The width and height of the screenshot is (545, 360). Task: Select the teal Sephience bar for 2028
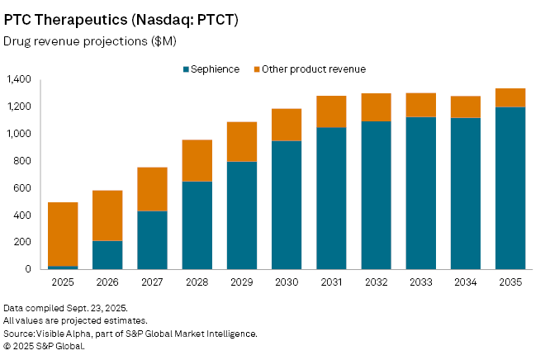click(x=197, y=225)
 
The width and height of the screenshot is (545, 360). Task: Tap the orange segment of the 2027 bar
click(x=152, y=189)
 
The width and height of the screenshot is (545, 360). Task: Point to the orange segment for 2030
click(x=287, y=125)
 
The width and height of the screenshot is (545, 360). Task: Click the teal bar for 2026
click(x=107, y=254)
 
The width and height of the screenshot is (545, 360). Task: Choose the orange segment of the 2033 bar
click(x=421, y=105)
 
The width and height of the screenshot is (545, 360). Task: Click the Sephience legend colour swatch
click(x=185, y=69)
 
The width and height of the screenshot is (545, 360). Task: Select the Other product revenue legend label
click(x=313, y=69)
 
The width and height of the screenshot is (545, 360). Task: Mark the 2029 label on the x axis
click(x=242, y=283)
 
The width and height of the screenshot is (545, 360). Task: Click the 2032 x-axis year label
click(x=376, y=283)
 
